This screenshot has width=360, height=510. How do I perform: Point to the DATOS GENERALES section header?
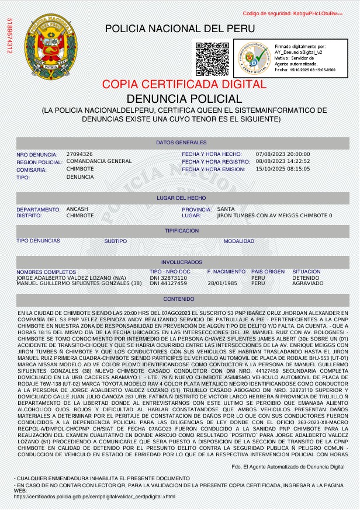(181, 143)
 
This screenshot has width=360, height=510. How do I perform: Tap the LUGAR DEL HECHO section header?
(181, 198)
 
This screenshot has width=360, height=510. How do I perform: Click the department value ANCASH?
(77, 209)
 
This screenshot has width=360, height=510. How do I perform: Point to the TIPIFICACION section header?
(181, 231)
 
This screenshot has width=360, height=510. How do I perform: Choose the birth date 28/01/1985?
(222, 283)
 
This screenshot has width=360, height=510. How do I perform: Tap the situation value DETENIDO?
(306, 277)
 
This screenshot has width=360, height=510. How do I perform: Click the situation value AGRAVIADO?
(307, 283)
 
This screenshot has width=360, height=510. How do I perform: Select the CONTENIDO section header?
(181, 299)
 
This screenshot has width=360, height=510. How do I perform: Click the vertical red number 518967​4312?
(9, 36)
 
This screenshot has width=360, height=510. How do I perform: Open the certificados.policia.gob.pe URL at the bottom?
(94, 497)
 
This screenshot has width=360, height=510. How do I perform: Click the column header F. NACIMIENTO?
(226, 272)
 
